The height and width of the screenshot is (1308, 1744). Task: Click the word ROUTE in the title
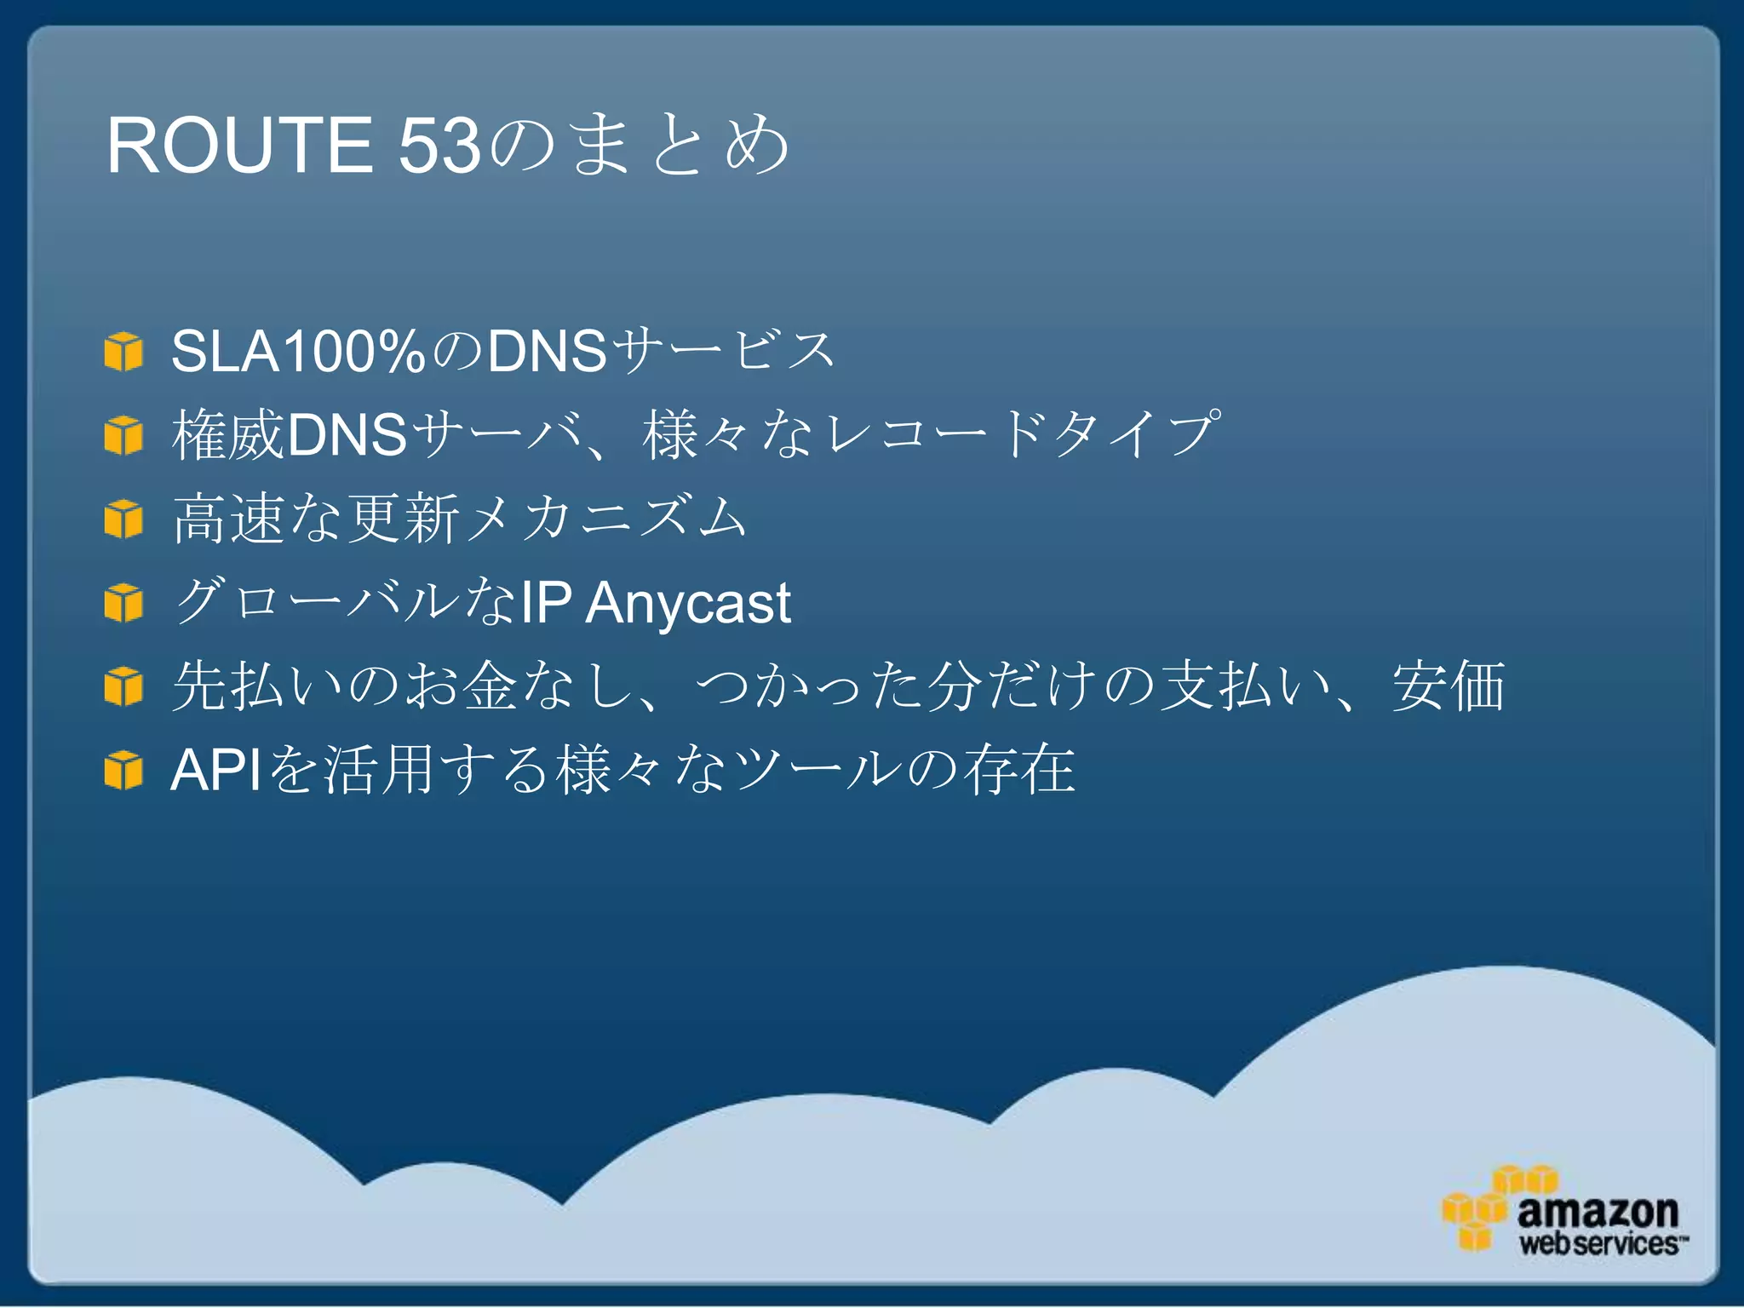click(239, 145)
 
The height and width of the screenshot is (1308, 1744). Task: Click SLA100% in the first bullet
click(297, 350)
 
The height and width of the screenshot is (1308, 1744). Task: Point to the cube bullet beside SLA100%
click(123, 352)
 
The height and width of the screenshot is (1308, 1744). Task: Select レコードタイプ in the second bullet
click(1022, 434)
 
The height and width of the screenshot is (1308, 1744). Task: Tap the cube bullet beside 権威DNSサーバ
click(123, 435)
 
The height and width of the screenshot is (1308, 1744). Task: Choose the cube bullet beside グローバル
click(123, 603)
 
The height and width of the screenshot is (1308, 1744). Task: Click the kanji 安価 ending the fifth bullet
click(1448, 686)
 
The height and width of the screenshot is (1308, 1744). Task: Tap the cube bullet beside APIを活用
click(123, 770)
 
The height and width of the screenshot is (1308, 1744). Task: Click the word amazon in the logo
click(1598, 1210)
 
